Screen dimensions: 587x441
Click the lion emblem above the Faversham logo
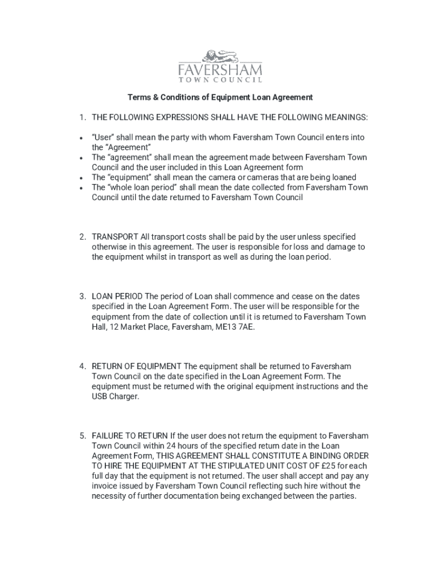pos(220,56)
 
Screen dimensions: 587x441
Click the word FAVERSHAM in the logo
pos(220,71)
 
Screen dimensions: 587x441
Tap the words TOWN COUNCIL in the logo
pos(220,81)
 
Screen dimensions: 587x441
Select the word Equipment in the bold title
pos(229,97)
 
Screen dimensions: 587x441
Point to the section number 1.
pos(83,118)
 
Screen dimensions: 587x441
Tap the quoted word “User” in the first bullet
pos(103,138)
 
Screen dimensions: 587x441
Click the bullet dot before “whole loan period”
pos(84,187)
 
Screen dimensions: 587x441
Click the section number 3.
pos(83,297)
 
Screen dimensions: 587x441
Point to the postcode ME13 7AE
pos(241,327)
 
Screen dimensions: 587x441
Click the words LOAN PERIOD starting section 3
pos(117,297)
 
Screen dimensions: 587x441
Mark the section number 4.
pos(83,366)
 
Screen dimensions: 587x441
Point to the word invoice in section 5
pos(105,487)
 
